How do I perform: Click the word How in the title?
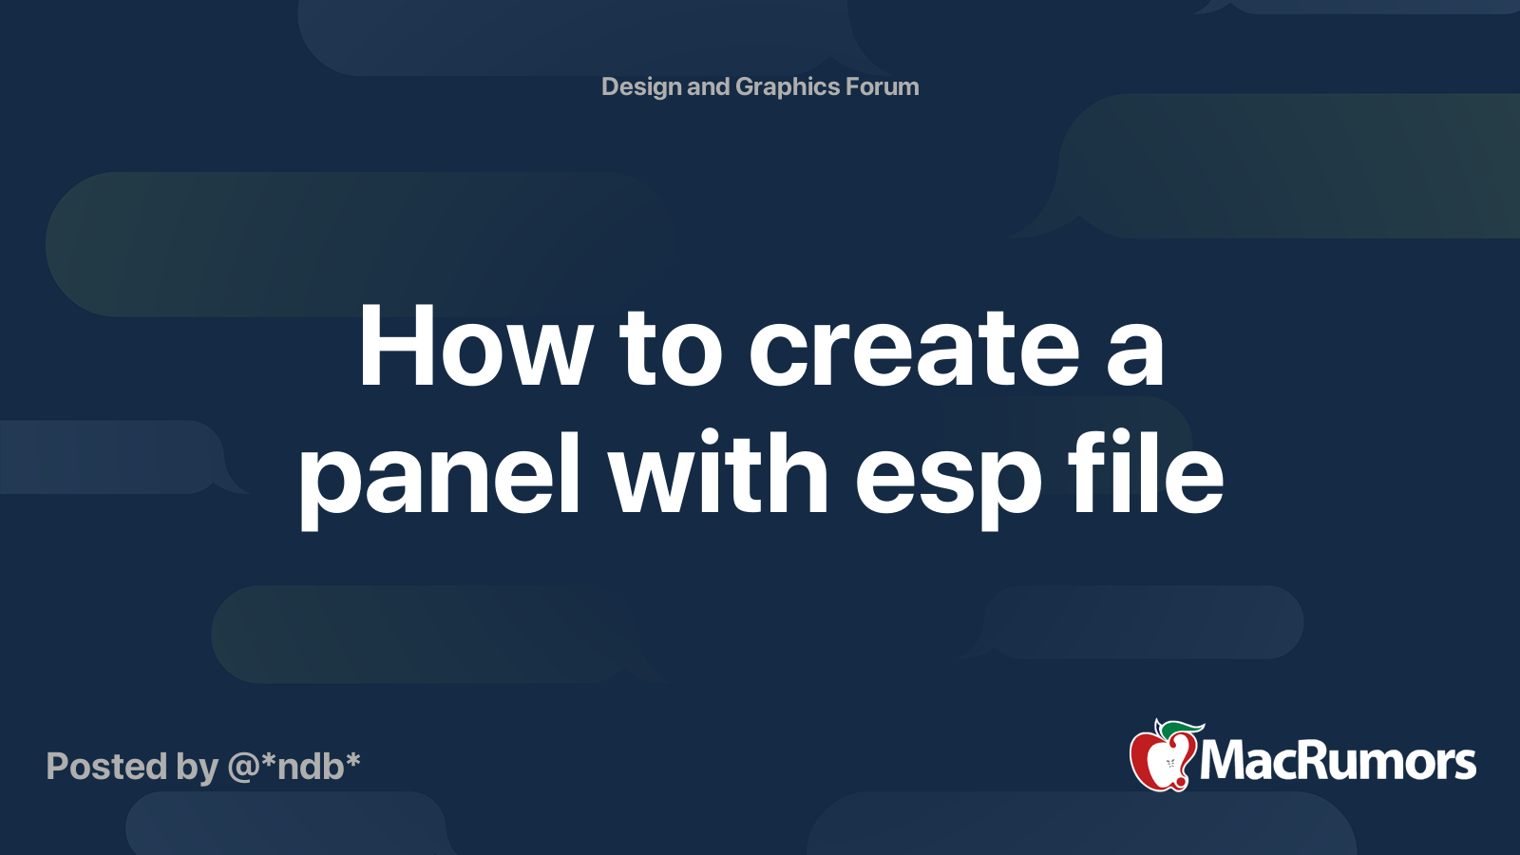tap(475, 348)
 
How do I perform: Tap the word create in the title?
tap(914, 348)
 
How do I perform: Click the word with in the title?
tap(718, 473)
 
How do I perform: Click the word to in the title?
tap(671, 350)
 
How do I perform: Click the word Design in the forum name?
tap(641, 87)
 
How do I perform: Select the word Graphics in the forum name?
tap(787, 87)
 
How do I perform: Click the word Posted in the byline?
tap(106, 767)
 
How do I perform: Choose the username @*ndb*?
tap(294, 766)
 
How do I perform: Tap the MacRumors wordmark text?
tap(1338, 761)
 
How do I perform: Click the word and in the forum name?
tap(708, 86)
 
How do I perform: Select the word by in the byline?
tap(197, 768)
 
